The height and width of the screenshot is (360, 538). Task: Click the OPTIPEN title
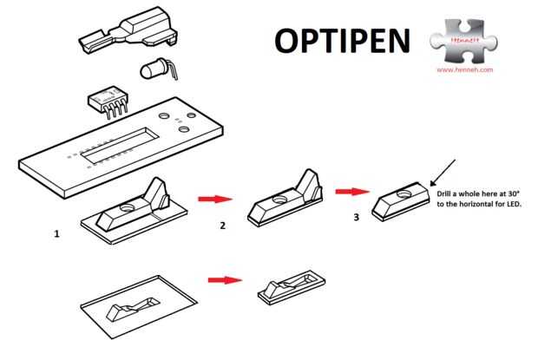coord(343,40)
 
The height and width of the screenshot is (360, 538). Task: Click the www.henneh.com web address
coord(465,69)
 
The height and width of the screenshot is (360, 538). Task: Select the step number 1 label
coord(56,233)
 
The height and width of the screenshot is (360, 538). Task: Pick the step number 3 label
coord(356,218)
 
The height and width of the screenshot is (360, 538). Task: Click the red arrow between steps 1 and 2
coord(209,199)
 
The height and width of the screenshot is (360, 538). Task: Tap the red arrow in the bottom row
coord(223,279)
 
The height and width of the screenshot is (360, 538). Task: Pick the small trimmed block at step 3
coord(401,202)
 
